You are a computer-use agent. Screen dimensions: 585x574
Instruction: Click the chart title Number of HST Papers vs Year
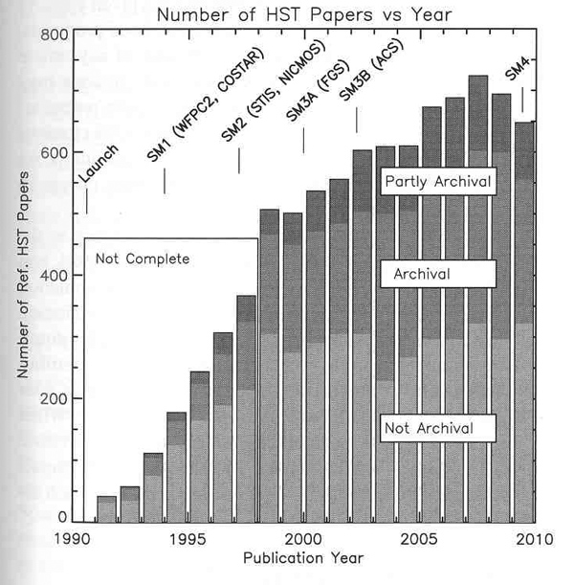pos(304,14)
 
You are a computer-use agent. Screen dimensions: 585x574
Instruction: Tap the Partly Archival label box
pos(436,181)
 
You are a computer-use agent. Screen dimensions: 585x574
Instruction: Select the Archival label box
pos(436,275)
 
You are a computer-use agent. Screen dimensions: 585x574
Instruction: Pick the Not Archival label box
pos(436,428)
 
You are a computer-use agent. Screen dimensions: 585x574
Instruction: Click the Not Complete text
pos(143,259)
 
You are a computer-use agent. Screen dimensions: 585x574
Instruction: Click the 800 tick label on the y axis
pos(54,35)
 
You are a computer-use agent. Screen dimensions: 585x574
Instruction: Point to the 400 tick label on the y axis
pos(54,276)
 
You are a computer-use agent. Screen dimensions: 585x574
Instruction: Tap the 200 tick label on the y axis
pos(54,398)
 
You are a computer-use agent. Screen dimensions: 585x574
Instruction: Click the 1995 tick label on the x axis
pos(187,539)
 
